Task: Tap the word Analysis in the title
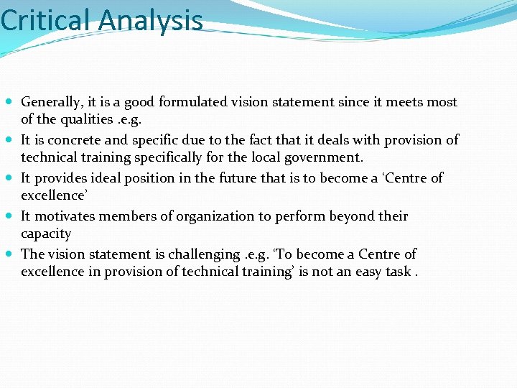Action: pos(151,22)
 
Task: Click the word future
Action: pos(238,177)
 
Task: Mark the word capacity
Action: pos(46,234)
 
